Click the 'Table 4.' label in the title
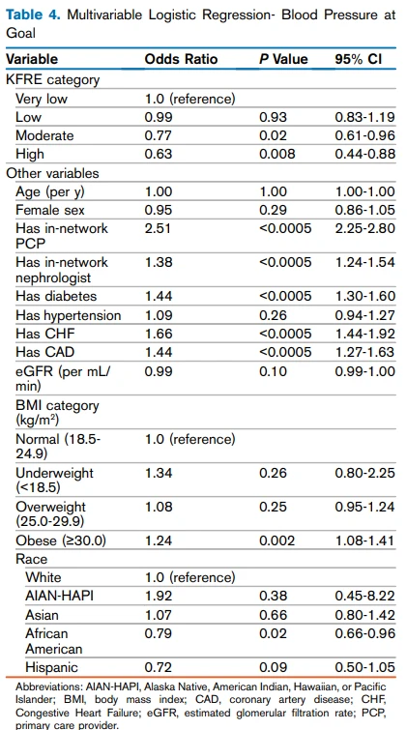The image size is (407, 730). [33, 15]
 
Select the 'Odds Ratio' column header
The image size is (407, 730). [181, 59]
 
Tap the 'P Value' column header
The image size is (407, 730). [283, 59]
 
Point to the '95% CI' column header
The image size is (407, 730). [358, 59]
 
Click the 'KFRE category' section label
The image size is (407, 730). [52, 79]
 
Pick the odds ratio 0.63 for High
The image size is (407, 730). [159, 153]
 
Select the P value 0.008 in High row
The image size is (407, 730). [277, 153]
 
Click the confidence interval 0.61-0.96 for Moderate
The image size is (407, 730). [364, 135]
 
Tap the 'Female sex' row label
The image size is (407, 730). [50, 210]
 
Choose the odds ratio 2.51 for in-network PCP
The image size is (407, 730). [159, 228]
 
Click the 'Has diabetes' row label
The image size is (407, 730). [56, 296]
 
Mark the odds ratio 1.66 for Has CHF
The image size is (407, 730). [159, 334]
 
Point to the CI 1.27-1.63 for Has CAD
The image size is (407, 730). [364, 352]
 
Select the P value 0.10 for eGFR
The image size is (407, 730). [274, 371]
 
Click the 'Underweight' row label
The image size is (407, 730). [54, 473]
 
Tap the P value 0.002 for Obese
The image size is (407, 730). [277, 540]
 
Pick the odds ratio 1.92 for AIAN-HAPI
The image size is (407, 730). [159, 596]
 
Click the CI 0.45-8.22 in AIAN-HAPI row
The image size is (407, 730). [364, 596]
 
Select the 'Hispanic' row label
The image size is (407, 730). [51, 667]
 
